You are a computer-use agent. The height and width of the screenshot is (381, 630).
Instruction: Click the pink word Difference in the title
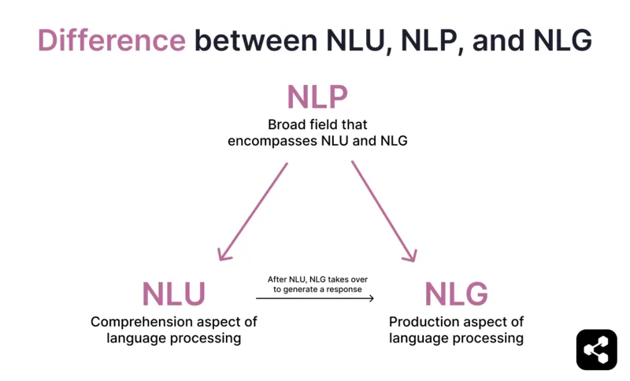click(x=111, y=41)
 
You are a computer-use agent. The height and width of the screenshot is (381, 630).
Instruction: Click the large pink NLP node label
click(x=317, y=98)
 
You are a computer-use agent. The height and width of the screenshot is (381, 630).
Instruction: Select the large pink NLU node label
click(x=173, y=294)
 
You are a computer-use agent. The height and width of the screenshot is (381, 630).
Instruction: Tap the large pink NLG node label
click(x=456, y=294)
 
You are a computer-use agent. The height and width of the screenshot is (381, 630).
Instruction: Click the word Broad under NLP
click(x=287, y=125)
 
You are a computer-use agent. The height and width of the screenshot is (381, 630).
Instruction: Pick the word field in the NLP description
click(x=328, y=125)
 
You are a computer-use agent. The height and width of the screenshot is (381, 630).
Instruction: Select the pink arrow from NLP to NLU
click(x=254, y=211)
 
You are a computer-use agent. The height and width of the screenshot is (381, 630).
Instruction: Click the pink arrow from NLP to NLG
click(x=384, y=211)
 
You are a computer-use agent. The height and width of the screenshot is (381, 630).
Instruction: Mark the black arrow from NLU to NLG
click(x=315, y=298)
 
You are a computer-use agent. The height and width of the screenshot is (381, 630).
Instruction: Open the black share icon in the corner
click(x=596, y=350)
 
